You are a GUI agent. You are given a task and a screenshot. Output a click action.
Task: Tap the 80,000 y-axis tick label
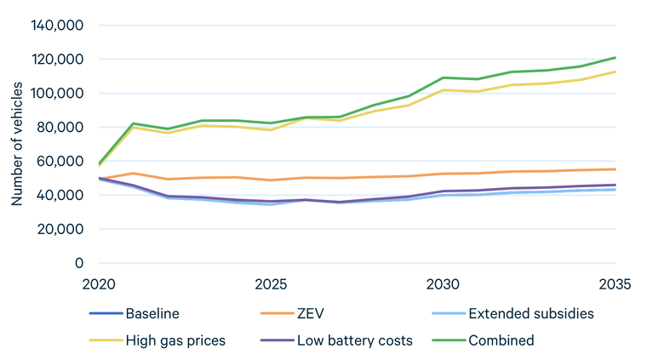pyautogui.click(x=59, y=128)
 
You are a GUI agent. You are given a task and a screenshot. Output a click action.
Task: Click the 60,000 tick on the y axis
pyautogui.click(x=59, y=162)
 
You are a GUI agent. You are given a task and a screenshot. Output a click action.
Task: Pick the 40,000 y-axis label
pyautogui.click(x=59, y=196)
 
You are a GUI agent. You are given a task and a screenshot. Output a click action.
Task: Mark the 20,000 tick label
pyautogui.click(x=59, y=230)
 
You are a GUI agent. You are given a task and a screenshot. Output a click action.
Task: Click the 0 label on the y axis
pyautogui.click(x=78, y=263)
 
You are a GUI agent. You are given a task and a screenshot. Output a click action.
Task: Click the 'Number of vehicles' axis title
pyautogui.click(x=17, y=144)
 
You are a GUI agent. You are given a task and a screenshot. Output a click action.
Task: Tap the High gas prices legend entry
pyautogui.click(x=175, y=340)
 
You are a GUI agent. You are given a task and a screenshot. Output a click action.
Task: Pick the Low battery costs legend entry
pyautogui.click(x=355, y=340)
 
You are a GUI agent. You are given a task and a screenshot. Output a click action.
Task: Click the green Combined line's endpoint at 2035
pyautogui.click(x=615, y=58)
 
